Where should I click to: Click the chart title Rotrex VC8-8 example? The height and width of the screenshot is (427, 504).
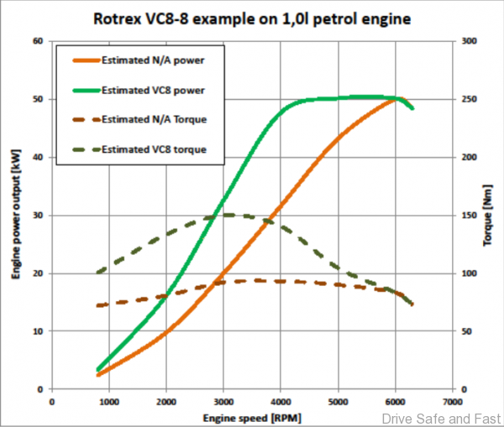point(251,16)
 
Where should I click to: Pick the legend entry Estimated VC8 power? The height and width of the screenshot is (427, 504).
point(152,89)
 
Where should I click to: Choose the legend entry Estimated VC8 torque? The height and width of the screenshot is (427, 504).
point(152,150)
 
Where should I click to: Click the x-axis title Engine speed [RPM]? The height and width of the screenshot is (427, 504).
point(253,417)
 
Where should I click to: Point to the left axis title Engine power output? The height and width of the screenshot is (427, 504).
point(14,214)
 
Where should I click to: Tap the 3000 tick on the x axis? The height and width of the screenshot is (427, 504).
point(224,401)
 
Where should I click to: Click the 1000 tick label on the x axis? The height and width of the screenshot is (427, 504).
point(110,401)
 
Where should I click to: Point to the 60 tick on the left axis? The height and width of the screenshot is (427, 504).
point(38,40)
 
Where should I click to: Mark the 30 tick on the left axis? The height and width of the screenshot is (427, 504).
point(38,215)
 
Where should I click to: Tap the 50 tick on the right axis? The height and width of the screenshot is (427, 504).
point(467,331)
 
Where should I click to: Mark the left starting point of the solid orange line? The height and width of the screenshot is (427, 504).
point(98,374)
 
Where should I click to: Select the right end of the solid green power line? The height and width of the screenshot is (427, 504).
point(412,108)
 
